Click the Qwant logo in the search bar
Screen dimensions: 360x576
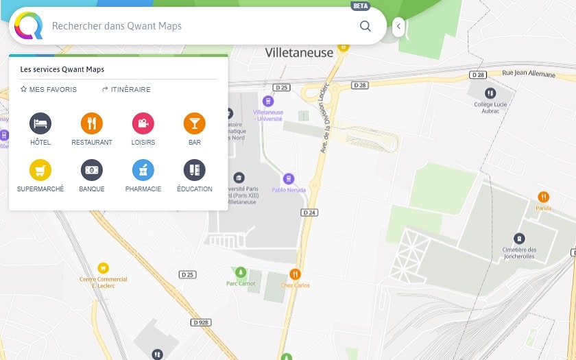tap(29, 26)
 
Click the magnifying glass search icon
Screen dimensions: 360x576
tap(365, 26)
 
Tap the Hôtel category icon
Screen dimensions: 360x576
tap(40, 123)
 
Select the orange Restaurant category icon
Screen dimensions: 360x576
tap(92, 123)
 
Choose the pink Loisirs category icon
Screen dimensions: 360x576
tap(143, 123)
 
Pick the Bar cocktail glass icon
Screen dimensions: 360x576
tap(195, 123)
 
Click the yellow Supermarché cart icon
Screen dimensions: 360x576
tap(40, 170)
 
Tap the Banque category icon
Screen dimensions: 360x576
tap(92, 170)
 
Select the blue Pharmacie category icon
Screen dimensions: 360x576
tap(143, 170)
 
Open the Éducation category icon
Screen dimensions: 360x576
tap(195, 170)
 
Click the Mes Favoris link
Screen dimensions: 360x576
tap(49, 89)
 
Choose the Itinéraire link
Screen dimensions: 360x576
tap(126, 89)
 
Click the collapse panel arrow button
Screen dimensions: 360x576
tap(398, 27)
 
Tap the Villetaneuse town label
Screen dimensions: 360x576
tap(299, 53)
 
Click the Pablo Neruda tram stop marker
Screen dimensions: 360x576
tap(289, 179)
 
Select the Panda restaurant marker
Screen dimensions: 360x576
tap(544, 197)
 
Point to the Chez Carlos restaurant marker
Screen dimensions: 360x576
tap(296, 274)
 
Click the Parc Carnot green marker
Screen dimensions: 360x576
tap(240, 272)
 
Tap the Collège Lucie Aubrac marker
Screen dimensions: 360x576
tap(490, 93)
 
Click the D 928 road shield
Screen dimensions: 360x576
tap(201, 322)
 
